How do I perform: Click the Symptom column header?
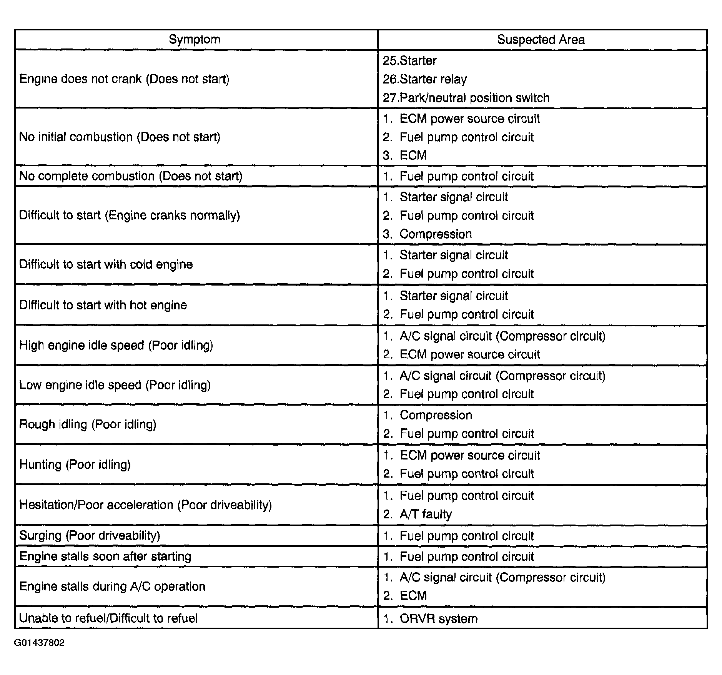195,39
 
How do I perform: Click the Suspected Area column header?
541,39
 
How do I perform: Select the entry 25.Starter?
410,60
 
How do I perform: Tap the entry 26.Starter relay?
425,79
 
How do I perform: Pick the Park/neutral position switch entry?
466,98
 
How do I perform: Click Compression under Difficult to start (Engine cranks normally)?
435,234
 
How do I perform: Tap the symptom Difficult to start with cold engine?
106,264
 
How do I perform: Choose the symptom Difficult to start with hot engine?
103,305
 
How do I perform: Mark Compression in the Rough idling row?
436,415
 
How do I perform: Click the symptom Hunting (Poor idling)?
75,464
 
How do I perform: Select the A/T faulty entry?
426,514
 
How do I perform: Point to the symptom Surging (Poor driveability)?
90,535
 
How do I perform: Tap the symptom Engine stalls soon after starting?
105,556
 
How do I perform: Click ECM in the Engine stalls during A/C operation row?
413,596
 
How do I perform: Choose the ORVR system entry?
438,618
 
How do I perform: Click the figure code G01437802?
40,643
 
